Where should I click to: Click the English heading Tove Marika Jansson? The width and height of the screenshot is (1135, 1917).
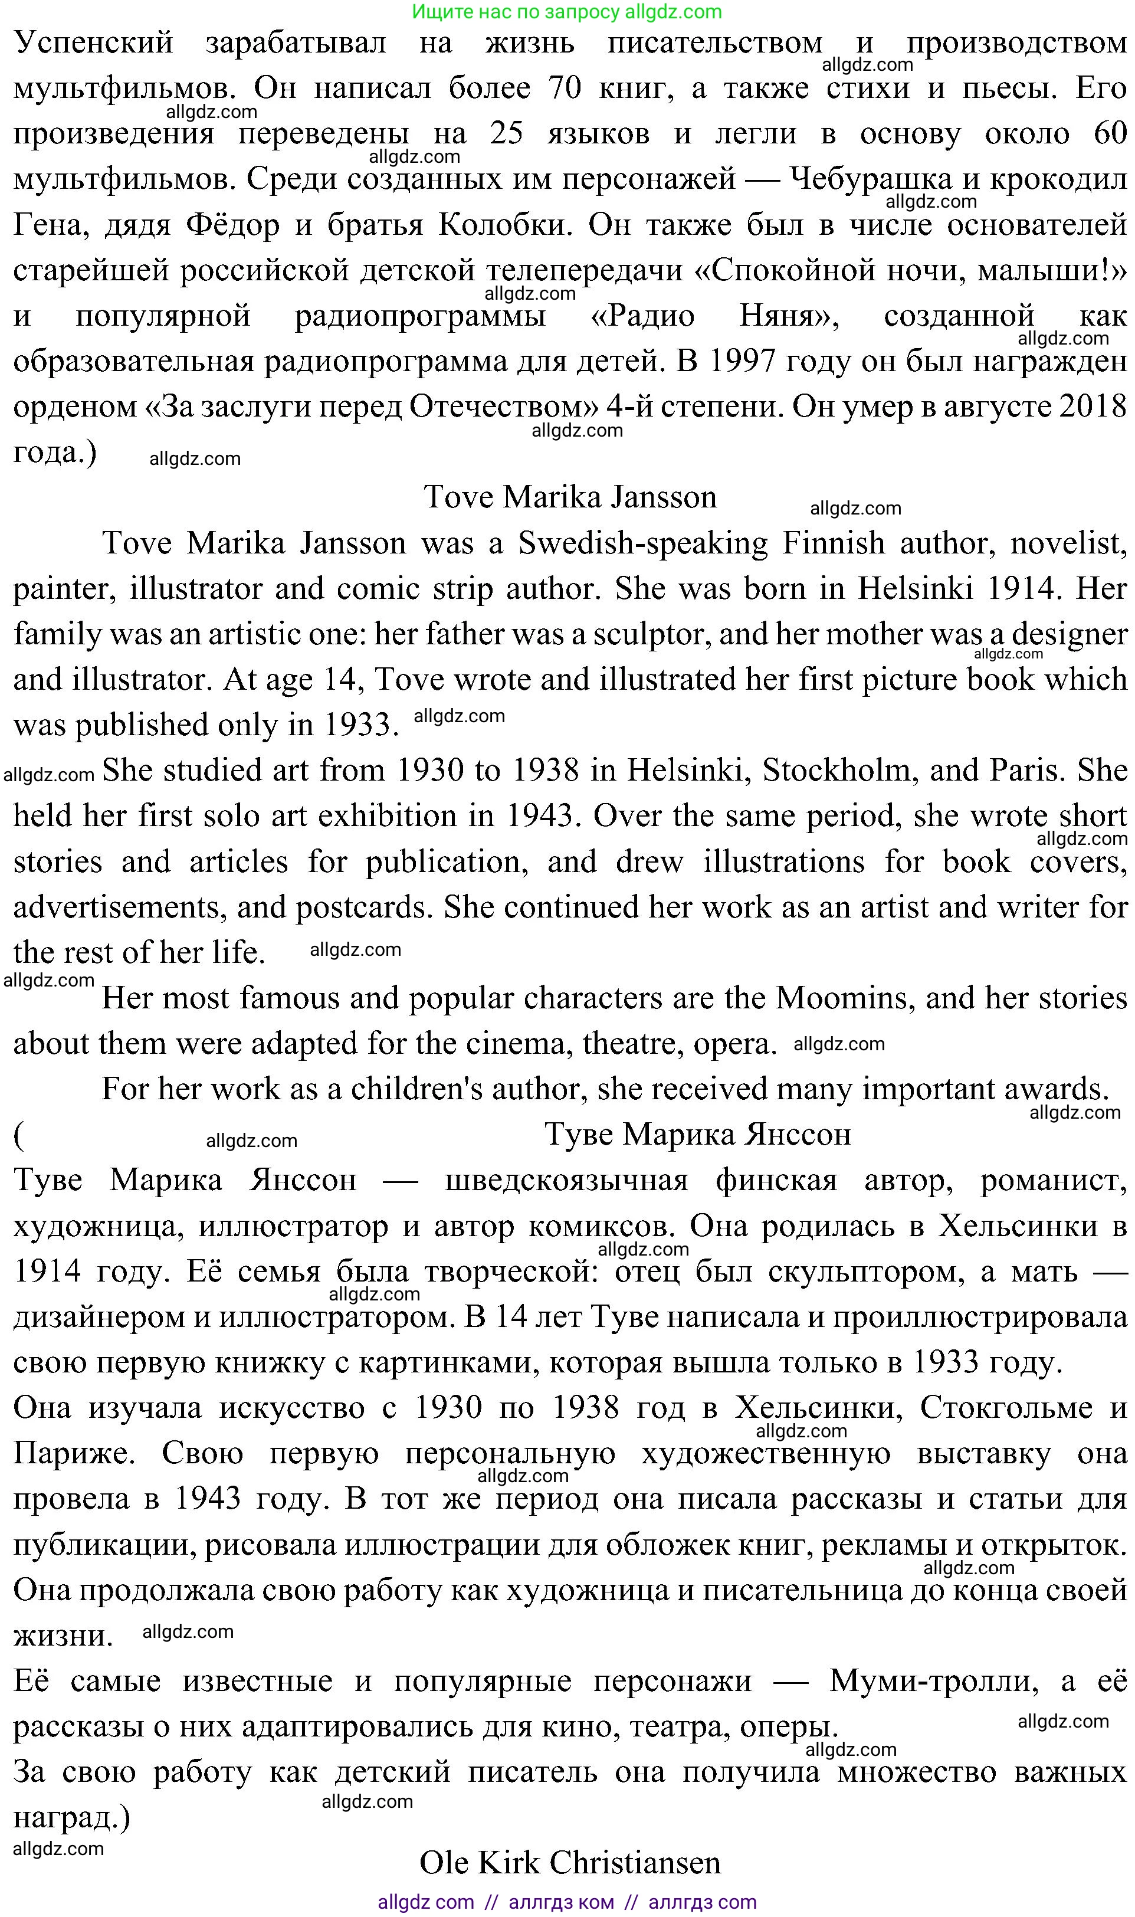tap(570, 497)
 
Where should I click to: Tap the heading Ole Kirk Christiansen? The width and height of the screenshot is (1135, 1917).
tap(570, 1863)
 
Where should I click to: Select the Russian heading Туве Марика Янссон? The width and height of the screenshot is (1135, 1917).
tap(697, 1135)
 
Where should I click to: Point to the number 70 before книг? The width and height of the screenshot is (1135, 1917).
tap(565, 88)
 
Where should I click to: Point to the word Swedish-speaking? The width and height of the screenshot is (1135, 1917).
tap(643, 543)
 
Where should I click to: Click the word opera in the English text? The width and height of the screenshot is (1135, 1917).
tap(734, 1043)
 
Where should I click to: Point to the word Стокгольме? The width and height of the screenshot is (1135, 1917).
tap(1006, 1408)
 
